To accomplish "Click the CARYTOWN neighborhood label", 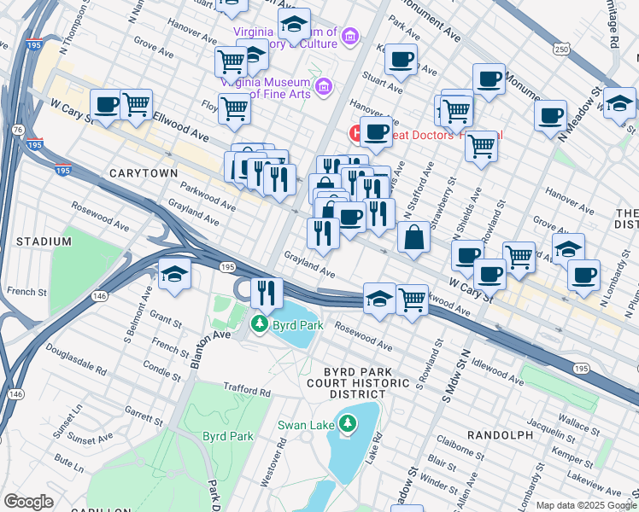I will point(144,173).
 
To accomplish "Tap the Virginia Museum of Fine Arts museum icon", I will point(323,86).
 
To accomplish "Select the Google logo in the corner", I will point(28,501).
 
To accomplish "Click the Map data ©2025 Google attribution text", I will point(586,505).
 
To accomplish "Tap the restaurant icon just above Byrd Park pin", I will point(267,293).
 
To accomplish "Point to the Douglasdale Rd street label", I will point(77,373).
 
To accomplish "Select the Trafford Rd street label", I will point(245,390).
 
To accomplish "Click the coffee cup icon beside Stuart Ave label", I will point(400,60).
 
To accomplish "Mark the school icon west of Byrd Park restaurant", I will point(174,275).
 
